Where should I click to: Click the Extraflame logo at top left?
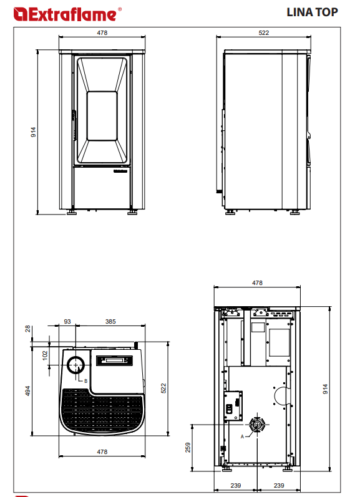(x=67, y=14)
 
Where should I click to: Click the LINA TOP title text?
(x=312, y=12)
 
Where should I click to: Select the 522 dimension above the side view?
(x=263, y=32)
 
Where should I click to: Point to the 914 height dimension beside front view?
(x=33, y=132)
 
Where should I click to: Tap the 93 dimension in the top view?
(x=67, y=321)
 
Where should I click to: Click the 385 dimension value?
(x=110, y=321)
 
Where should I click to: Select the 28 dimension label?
(x=28, y=329)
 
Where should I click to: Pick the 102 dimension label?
(x=45, y=355)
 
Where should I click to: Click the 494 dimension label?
(x=28, y=391)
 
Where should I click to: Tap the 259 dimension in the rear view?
(x=188, y=448)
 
